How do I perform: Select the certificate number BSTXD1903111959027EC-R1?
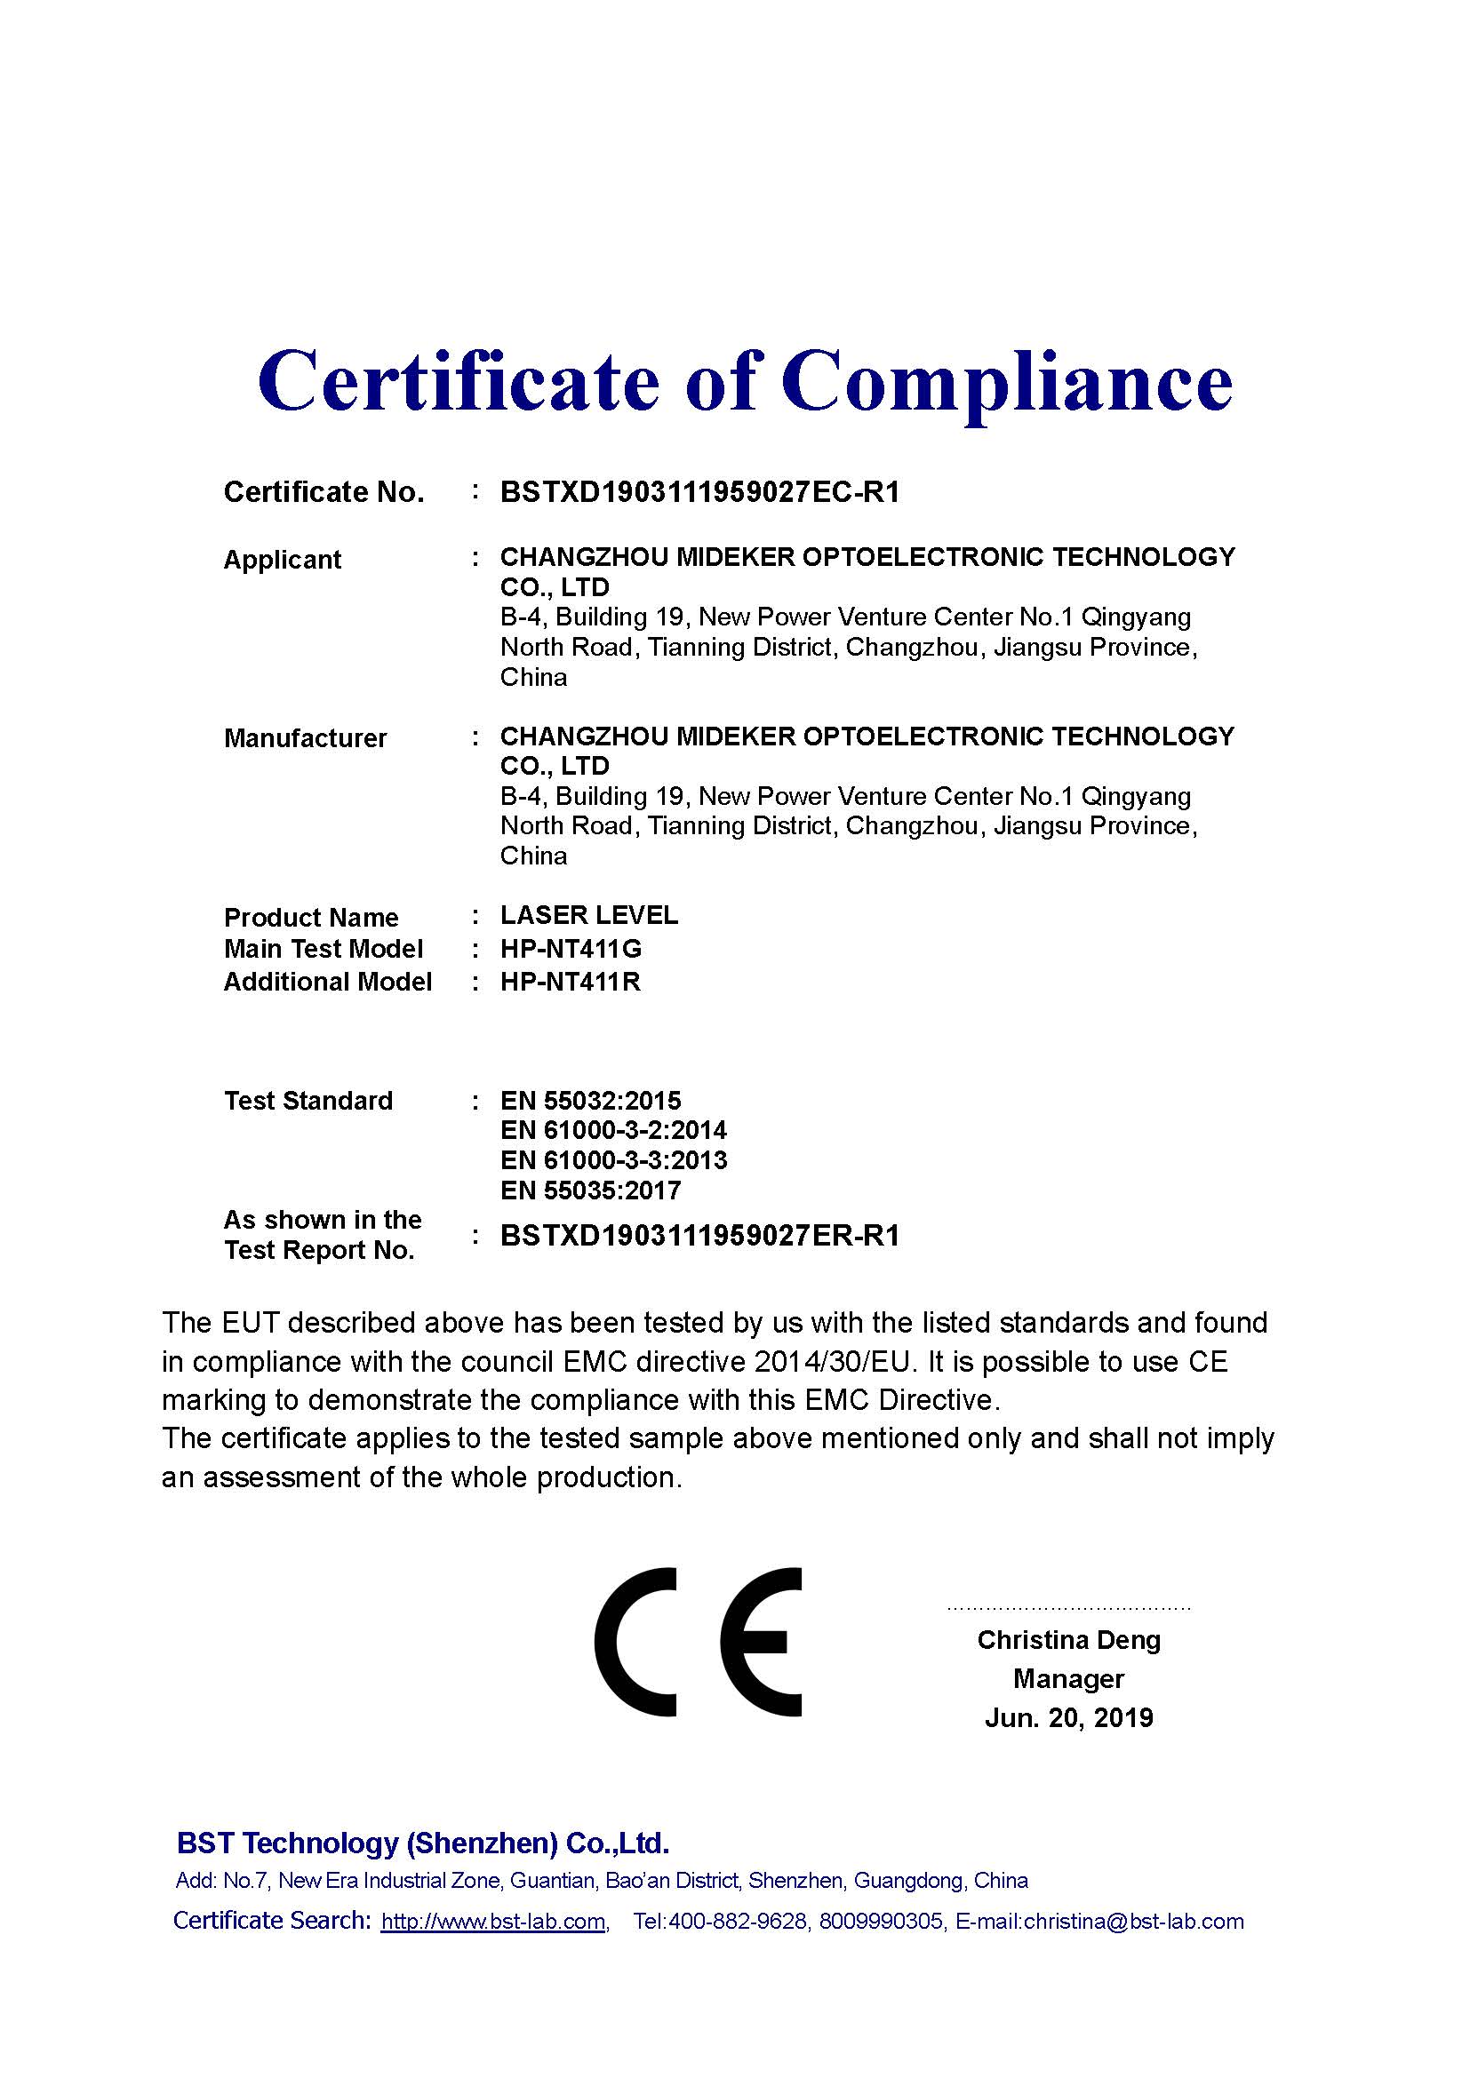coord(699,492)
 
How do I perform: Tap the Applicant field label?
coord(282,561)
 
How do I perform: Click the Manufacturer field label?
coord(305,738)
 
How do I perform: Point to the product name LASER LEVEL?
coord(588,915)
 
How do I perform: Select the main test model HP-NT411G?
coord(571,949)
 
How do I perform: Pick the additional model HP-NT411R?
coord(571,982)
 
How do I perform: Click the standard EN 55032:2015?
coord(590,1101)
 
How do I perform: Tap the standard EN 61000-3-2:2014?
coord(613,1130)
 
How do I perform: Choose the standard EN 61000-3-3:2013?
coord(613,1160)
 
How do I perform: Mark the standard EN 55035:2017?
coord(590,1190)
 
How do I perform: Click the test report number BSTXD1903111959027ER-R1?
coord(699,1237)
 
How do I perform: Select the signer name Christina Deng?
coord(1068,1640)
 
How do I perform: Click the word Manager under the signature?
coord(1068,1679)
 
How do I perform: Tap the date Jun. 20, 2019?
coord(1068,1718)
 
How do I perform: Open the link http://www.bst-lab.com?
coord(493,1922)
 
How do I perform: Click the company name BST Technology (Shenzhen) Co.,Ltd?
coord(423,1843)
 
